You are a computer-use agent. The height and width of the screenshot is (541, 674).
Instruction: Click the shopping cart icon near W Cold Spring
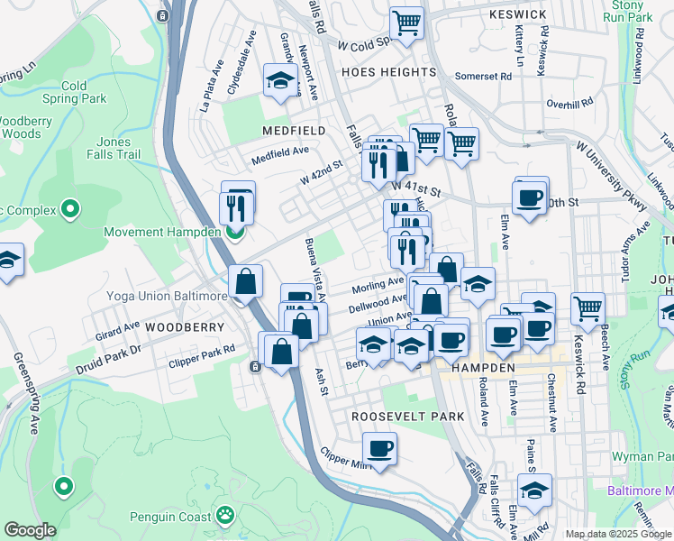407,22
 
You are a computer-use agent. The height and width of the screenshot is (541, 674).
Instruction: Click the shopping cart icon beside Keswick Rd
587,307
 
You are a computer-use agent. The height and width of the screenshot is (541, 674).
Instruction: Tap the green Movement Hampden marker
234,233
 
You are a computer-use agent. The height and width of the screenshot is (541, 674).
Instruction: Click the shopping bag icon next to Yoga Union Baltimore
245,281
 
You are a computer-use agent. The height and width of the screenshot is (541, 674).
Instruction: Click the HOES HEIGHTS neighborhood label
388,72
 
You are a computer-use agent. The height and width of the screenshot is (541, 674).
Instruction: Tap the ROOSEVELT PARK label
407,417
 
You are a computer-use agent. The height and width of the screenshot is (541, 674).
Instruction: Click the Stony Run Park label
628,11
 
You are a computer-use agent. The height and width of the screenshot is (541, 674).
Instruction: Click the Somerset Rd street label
483,77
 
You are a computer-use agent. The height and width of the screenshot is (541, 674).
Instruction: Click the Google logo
31,530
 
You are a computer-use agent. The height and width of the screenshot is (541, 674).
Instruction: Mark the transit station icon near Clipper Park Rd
255,366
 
